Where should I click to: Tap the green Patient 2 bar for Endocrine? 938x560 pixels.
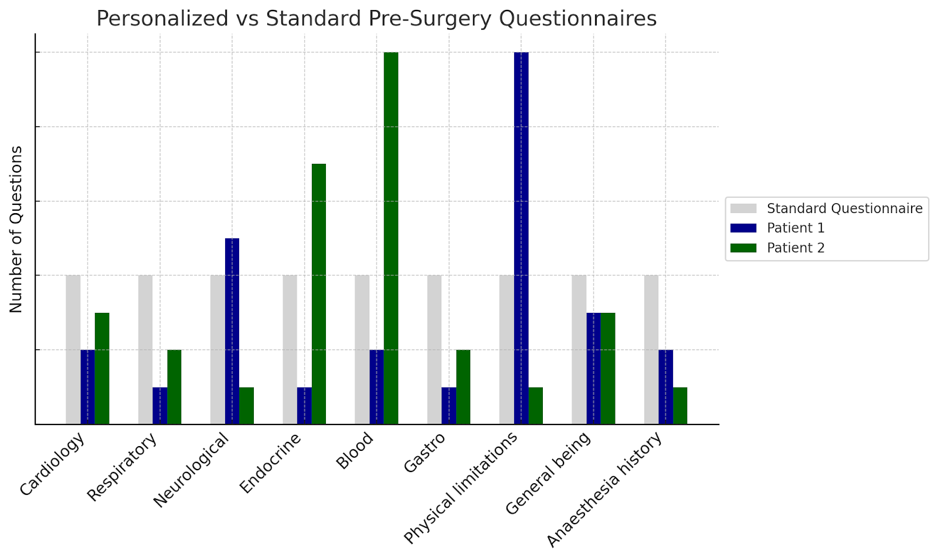(x=319, y=294)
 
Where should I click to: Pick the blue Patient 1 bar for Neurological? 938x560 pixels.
(x=232, y=331)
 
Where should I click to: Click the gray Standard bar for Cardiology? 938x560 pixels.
(x=73, y=349)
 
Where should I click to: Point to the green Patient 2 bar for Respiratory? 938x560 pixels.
(x=174, y=387)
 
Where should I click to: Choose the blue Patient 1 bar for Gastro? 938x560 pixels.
(x=449, y=406)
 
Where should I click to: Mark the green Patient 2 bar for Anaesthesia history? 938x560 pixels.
(x=680, y=406)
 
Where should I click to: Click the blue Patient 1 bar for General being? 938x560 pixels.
(x=593, y=368)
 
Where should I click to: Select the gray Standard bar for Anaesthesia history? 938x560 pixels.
(x=651, y=349)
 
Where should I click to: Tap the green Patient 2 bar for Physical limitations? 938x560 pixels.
(x=536, y=406)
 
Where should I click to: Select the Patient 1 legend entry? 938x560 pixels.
(x=796, y=228)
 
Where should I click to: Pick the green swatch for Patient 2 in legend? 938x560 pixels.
(x=743, y=248)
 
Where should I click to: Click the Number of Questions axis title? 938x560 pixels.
(x=16, y=229)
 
